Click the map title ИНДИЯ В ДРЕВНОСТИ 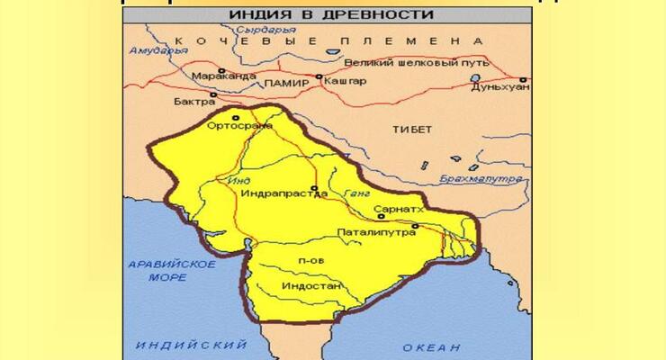(331, 14)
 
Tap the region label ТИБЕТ (413, 130)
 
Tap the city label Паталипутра (376, 232)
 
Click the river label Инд (239, 182)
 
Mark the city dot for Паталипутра (415, 226)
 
